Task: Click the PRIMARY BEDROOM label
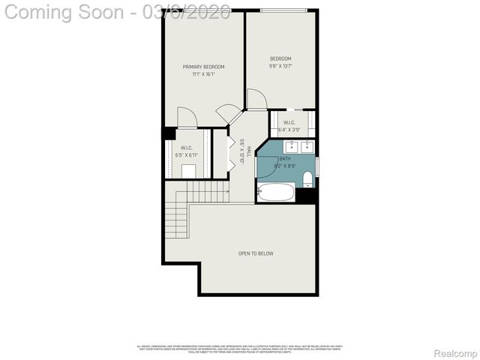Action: tap(203, 67)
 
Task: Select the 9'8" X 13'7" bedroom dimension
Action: tap(280, 66)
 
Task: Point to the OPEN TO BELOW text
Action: tap(256, 253)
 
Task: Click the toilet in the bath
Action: tap(307, 178)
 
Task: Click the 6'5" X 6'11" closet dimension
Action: tap(186, 155)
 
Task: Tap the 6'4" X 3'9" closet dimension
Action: tap(288, 130)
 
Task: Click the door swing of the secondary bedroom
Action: tap(256, 98)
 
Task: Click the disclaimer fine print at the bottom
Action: tap(239, 349)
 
